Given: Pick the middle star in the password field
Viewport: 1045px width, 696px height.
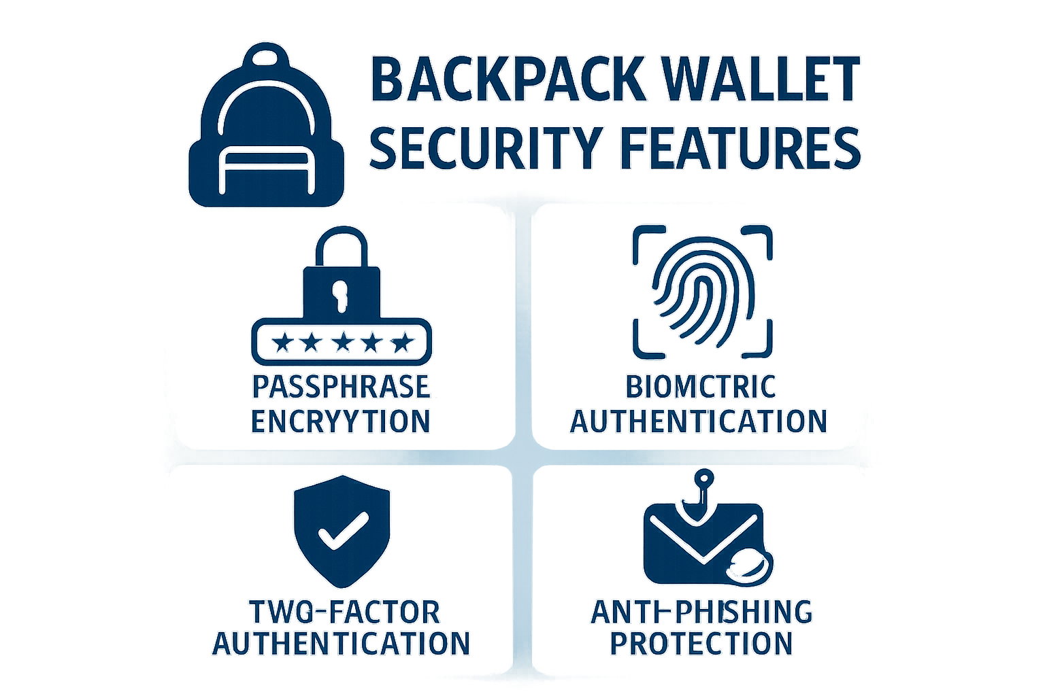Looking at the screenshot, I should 341,342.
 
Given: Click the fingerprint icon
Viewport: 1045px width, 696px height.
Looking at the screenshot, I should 701,291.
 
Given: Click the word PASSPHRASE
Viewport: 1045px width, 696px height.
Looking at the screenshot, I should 341,387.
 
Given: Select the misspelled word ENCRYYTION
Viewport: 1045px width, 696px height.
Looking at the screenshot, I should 341,421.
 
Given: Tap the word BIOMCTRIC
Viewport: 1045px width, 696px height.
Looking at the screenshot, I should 701,387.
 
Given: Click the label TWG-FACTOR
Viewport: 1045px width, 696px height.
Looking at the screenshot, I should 345,612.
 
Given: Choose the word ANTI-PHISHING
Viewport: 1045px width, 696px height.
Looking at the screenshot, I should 701,612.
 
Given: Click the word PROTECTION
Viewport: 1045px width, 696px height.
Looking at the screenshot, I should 701,643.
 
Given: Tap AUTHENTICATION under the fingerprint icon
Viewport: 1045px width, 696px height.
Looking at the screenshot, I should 699,421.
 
